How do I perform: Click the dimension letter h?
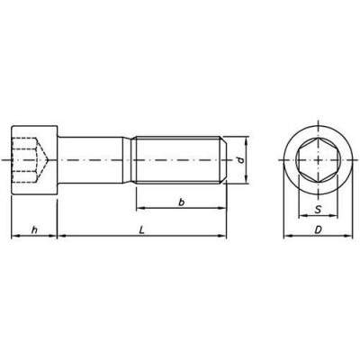tap(35, 229)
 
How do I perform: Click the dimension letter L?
tap(142, 230)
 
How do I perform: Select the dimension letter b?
tap(181, 202)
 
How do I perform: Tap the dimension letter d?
tap(240, 160)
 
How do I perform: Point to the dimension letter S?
tap(318, 210)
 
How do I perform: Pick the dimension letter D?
tap(318, 230)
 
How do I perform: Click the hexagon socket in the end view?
tap(318, 160)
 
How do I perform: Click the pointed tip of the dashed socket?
tap(48, 160)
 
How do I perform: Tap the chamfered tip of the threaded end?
tap(224, 160)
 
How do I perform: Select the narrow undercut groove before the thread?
tap(128, 160)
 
